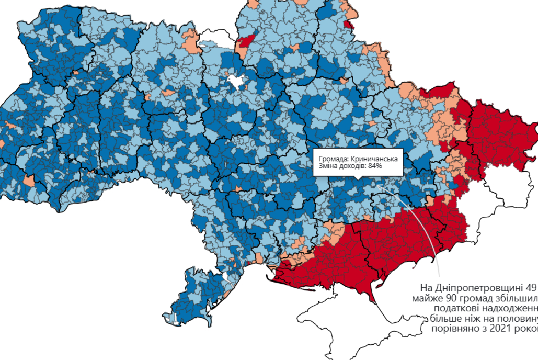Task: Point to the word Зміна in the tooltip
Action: point(328,166)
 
